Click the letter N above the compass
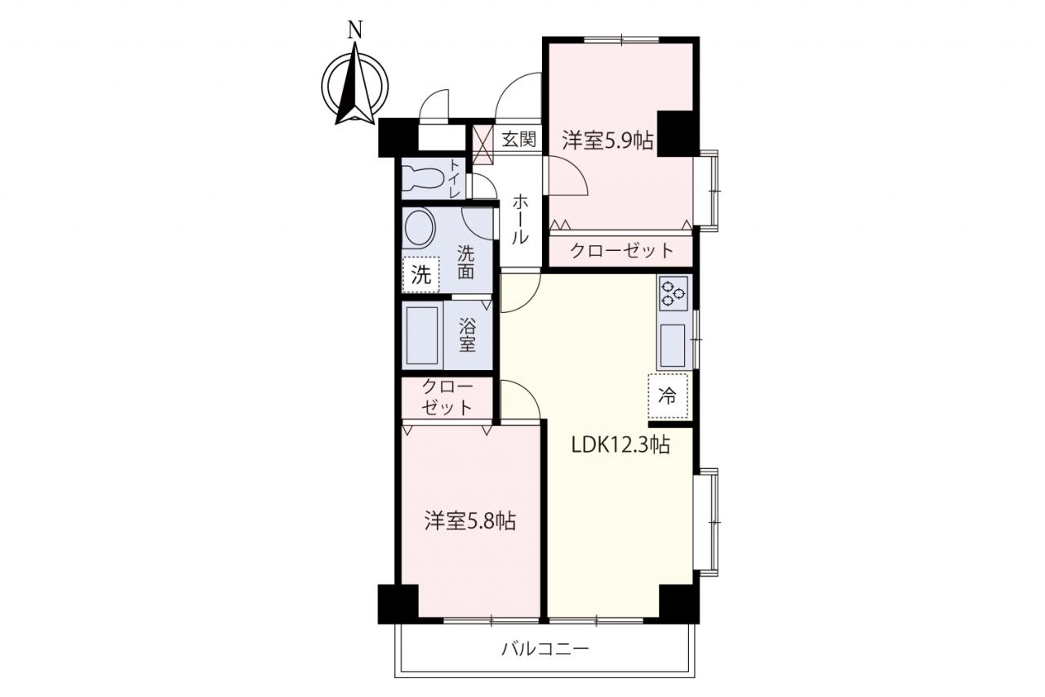pyautogui.click(x=355, y=30)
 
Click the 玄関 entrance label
pyautogui.click(x=519, y=139)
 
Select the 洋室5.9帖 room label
pyautogui.click(x=607, y=141)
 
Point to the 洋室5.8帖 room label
pyautogui.click(x=470, y=521)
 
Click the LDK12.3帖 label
pyautogui.click(x=621, y=445)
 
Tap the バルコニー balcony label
pyautogui.click(x=545, y=649)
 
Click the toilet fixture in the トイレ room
pyautogui.click(x=424, y=179)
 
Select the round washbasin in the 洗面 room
pyautogui.click(x=420, y=228)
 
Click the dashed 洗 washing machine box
pyautogui.click(x=420, y=275)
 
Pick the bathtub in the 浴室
pyautogui.click(x=422, y=335)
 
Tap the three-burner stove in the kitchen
pyautogui.click(x=674, y=293)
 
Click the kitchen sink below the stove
pyautogui.click(x=672, y=345)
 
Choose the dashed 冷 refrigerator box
pyautogui.click(x=668, y=395)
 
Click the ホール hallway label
pyautogui.click(x=520, y=220)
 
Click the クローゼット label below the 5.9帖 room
pyautogui.click(x=622, y=251)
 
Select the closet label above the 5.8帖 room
pyautogui.click(x=447, y=398)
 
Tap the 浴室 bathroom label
pyautogui.click(x=467, y=334)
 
